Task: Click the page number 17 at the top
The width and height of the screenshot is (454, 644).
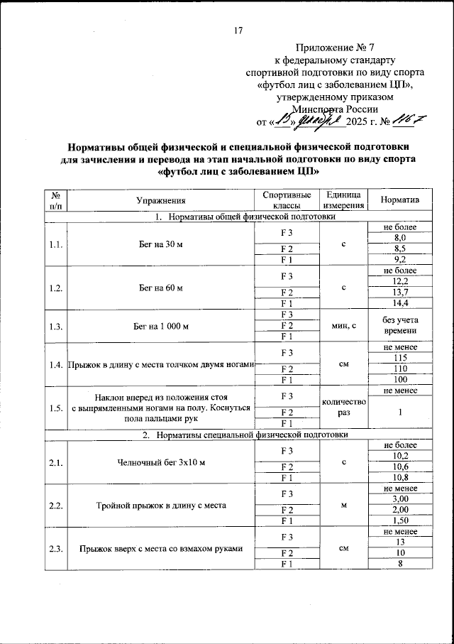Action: point(238,30)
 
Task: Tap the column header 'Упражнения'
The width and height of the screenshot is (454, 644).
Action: point(161,201)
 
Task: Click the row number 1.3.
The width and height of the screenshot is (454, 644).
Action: point(55,326)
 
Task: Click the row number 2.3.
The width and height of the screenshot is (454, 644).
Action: point(55,547)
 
